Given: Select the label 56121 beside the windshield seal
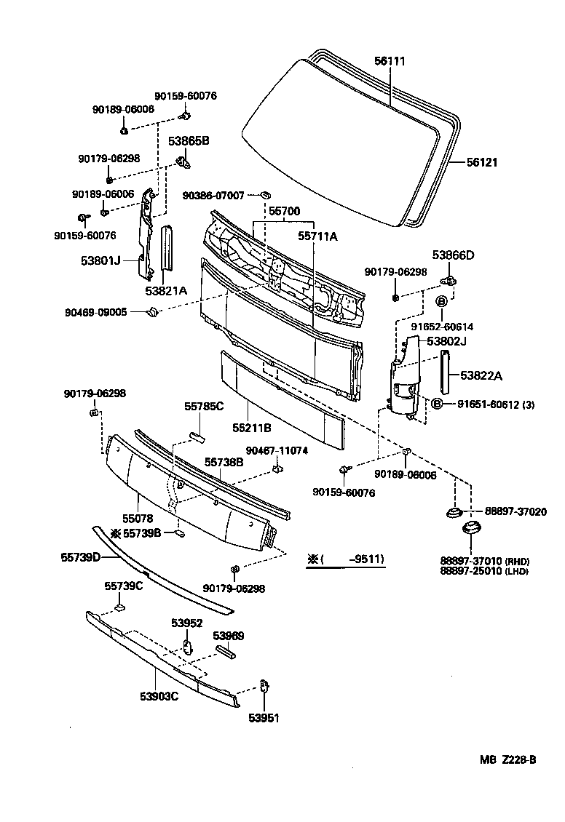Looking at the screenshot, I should click(482, 163).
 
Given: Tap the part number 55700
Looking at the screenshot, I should click(284, 212).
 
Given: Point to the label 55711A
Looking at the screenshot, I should click(317, 236).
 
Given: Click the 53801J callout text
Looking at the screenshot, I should click(101, 259).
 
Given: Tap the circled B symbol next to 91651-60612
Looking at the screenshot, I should click(436, 404).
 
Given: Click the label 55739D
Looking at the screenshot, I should click(80, 558).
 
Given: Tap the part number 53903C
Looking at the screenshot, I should click(159, 696).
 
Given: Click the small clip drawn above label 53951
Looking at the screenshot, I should click(264, 687).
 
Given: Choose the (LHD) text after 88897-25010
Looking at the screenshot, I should click(518, 572).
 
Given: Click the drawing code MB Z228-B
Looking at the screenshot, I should click(507, 760).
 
